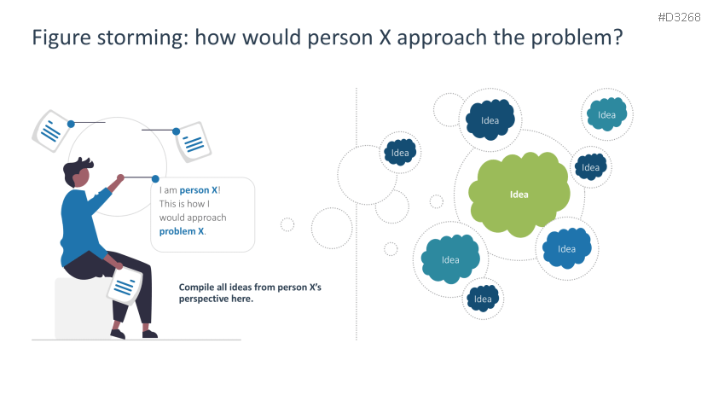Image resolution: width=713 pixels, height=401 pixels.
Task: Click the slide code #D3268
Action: tap(681, 18)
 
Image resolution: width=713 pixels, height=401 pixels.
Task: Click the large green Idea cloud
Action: tap(519, 195)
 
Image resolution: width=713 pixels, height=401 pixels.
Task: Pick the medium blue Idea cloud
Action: tap(566, 248)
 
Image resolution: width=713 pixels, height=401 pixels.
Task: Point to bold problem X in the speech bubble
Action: tap(182, 231)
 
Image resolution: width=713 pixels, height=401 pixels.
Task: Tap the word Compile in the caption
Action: tap(197, 288)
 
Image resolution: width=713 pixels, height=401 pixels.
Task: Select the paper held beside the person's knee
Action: tap(125, 285)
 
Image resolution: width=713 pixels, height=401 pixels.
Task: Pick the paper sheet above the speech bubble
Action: tap(193, 140)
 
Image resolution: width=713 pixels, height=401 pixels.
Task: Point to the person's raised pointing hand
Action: tap(120, 179)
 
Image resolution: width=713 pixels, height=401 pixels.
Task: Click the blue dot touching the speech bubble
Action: tap(155, 179)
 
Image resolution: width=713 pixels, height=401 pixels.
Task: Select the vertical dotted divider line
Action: tap(356, 213)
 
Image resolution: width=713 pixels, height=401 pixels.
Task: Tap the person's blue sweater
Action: tap(78, 222)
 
